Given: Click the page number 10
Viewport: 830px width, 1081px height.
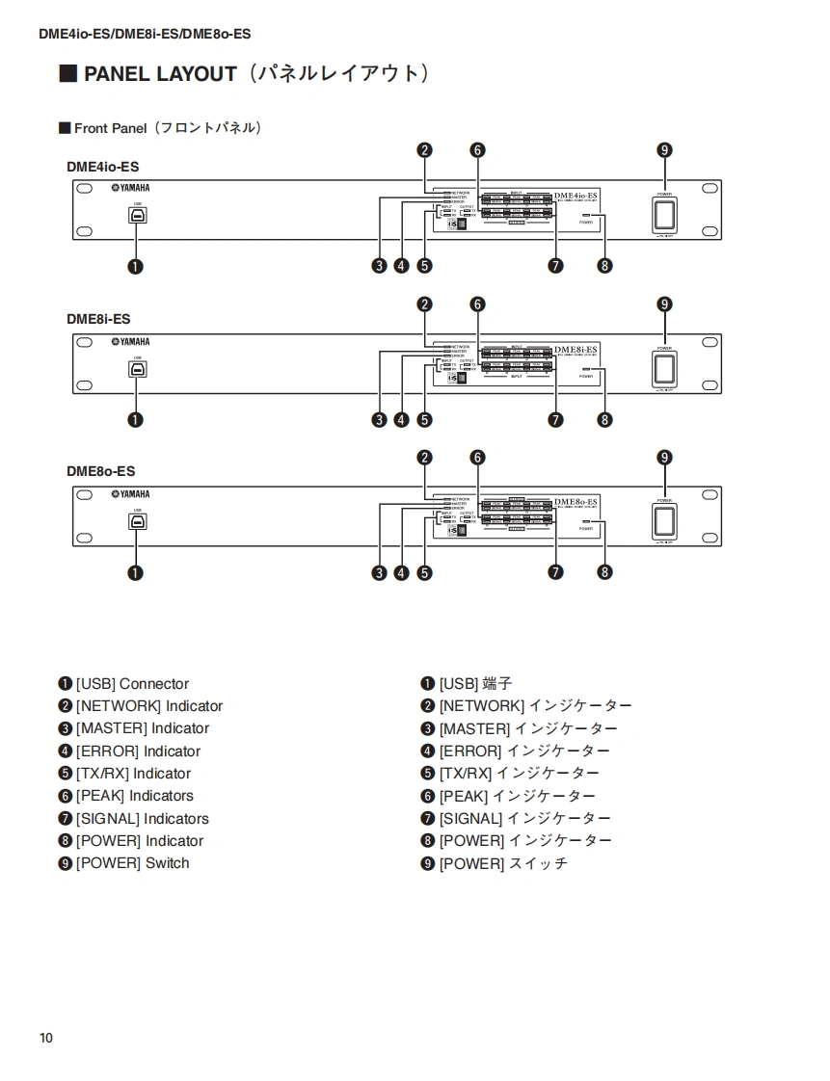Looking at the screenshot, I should (46, 1038).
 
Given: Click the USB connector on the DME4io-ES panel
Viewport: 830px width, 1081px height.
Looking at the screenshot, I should (138, 217).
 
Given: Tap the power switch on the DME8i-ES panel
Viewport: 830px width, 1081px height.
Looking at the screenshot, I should (664, 369).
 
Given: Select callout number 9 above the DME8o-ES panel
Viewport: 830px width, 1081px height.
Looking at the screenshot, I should (664, 458).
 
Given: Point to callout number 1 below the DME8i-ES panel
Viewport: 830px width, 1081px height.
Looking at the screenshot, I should (136, 420).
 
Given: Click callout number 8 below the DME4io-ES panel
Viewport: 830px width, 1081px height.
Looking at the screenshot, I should (604, 267).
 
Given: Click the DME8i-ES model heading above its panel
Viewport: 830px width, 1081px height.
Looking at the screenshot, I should (98, 319).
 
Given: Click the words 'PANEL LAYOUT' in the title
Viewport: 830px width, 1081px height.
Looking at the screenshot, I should (160, 74).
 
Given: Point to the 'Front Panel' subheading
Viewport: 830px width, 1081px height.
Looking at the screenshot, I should (110, 128).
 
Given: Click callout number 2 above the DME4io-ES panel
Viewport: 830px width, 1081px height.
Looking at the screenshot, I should (425, 150).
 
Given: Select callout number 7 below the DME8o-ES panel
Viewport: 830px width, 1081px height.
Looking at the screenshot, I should (555, 573).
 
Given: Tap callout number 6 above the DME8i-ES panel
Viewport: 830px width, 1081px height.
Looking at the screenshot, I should (477, 304).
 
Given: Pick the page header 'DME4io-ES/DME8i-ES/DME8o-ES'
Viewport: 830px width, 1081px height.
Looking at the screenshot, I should (145, 34).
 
